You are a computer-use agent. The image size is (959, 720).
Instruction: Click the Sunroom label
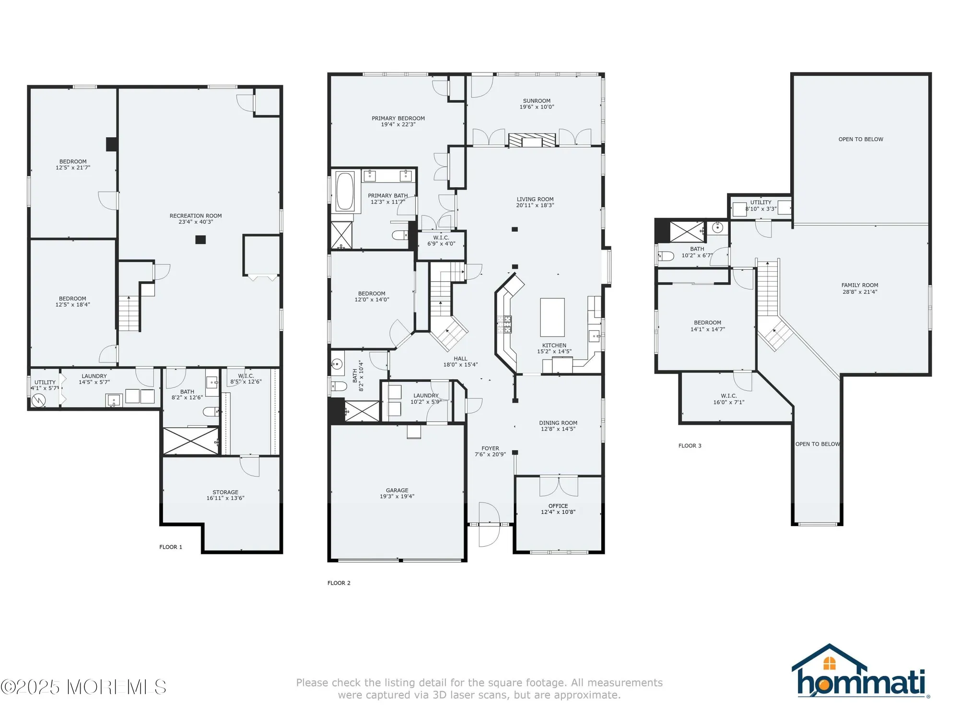[537, 101]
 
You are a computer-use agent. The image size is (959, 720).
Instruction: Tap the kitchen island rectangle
[552, 317]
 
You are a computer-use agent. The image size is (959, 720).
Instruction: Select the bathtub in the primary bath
[345, 192]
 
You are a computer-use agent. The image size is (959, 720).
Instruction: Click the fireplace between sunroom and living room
[532, 140]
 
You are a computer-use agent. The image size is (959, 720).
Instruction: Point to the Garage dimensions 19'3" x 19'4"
[397, 497]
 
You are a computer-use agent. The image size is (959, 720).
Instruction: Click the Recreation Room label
[196, 216]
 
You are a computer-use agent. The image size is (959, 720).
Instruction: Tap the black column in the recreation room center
[200, 240]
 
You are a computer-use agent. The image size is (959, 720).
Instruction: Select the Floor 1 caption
[171, 547]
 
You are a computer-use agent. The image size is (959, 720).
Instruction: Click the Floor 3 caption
[690, 446]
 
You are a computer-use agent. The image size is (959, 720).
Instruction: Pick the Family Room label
[860, 285]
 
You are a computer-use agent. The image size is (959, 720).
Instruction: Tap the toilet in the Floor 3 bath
[666, 256]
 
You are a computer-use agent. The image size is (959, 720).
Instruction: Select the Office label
[558, 506]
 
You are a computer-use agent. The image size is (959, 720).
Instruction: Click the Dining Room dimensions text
[558, 429]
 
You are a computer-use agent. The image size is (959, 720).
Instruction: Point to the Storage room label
[225, 492]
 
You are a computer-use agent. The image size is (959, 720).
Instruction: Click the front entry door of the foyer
[489, 525]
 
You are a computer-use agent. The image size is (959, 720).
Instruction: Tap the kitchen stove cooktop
[504, 324]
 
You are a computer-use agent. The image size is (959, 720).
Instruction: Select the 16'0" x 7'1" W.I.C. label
[729, 403]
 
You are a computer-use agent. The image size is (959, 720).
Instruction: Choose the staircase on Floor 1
[129, 313]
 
